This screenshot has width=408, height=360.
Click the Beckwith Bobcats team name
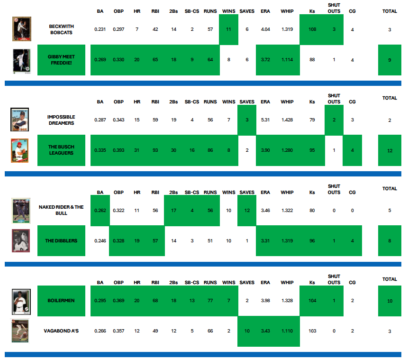click(62, 29)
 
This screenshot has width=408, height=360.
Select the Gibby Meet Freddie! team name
click(62, 60)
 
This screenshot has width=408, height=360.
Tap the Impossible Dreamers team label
click(61, 120)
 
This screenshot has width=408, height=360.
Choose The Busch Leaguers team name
click(62, 150)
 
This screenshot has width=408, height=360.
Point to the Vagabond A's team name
click(62, 331)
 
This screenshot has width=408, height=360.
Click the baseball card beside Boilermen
click(21, 301)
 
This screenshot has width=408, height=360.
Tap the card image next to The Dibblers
click(21, 241)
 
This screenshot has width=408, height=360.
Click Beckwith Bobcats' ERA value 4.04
click(265, 29)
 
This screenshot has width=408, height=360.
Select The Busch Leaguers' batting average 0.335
click(100, 150)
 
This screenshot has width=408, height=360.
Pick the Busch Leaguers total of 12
click(390, 150)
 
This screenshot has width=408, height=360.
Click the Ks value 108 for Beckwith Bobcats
click(312, 29)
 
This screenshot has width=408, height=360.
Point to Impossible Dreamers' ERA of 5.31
click(265, 120)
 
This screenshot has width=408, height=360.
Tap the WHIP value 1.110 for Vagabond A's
click(287, 331)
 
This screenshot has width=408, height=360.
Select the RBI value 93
click(155, 150)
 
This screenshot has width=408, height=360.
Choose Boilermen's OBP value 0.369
click(118, 301)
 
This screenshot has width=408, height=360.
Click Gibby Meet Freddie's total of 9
click(390, 60)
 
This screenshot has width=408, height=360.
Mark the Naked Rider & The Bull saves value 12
click(247, 211)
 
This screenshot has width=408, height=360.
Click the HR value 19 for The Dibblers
click(137, 241)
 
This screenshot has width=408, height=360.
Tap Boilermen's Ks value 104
click(312, 301)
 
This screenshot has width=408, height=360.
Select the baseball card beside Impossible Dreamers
click(20, 120)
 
